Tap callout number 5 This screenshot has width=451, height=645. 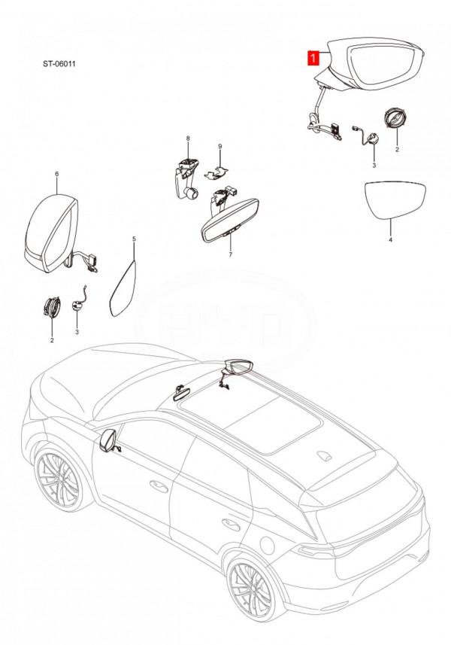(x=135, y=239)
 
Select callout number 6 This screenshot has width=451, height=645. (x=57, y=174)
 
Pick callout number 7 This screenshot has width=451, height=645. (x=230, y=255)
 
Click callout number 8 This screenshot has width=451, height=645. (x=189, y=139)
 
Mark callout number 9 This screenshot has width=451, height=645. (x=220, y=145)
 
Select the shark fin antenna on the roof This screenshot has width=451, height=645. (x=325, y=455)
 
